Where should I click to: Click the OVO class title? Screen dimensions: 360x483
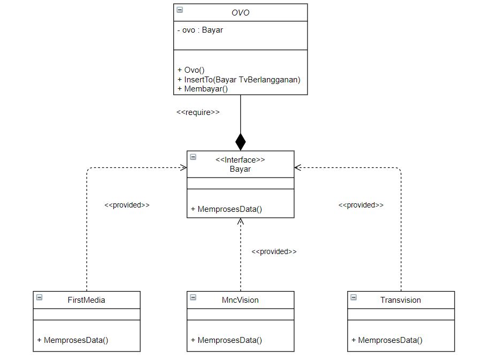point(240,13)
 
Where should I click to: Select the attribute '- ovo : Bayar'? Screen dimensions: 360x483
point(200,30)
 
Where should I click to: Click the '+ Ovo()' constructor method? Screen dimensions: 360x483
point(191,70)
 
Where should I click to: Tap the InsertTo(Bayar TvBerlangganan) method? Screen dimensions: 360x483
point(239,79)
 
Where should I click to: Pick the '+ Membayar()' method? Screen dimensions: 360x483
point(202,89)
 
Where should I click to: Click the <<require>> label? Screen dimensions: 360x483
point(198,112)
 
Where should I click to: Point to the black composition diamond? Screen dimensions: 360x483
point(241,142)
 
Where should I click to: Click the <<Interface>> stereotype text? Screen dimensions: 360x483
point(240,159)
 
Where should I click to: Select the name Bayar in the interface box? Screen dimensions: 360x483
point(240,169)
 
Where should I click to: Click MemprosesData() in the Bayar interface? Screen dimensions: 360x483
point(226,209)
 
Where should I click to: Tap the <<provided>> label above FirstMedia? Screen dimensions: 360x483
point(127,205)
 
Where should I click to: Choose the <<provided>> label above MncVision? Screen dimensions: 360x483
point(274,251)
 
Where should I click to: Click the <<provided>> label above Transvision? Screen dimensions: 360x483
point(361,205)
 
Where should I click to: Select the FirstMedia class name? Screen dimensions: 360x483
point(87,300)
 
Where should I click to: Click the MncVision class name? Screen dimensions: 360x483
point(240,300)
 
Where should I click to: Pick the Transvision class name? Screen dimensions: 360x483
point(401,300)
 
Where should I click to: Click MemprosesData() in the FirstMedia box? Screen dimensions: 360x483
point(73,340)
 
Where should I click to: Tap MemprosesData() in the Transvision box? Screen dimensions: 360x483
point(387,340)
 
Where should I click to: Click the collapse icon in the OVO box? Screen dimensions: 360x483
point(180,10)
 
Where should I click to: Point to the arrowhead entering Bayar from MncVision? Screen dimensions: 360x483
point(241,221)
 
